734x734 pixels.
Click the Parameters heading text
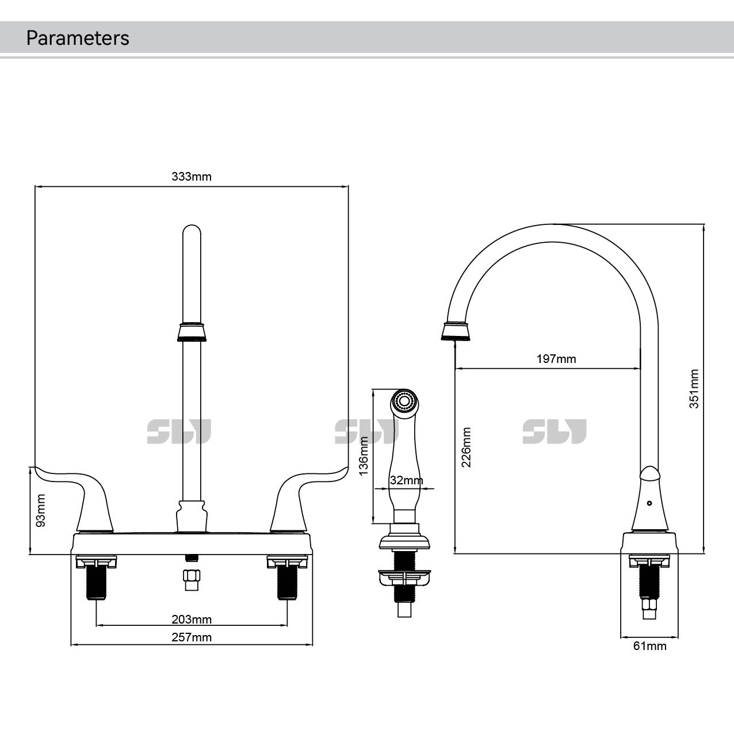pos(78,38)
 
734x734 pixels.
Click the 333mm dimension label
pos(191,177)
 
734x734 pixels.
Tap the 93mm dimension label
pos(41,510)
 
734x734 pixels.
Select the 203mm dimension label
pos(191,620)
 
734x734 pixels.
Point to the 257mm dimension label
pos(191,637)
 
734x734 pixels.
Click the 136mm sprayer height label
pos(364,456)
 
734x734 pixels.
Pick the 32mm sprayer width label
pos(406,480)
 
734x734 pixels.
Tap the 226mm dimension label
pos(467,447)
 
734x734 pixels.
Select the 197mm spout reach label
pos(556,359)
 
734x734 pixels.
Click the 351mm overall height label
pos(694,389)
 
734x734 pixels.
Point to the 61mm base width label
pos(649,646)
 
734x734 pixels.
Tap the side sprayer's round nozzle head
pos(405,400)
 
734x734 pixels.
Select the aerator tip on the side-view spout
pos(456,332)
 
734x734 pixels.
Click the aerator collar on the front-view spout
pos(192,332)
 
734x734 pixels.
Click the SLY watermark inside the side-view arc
pos(554,431)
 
